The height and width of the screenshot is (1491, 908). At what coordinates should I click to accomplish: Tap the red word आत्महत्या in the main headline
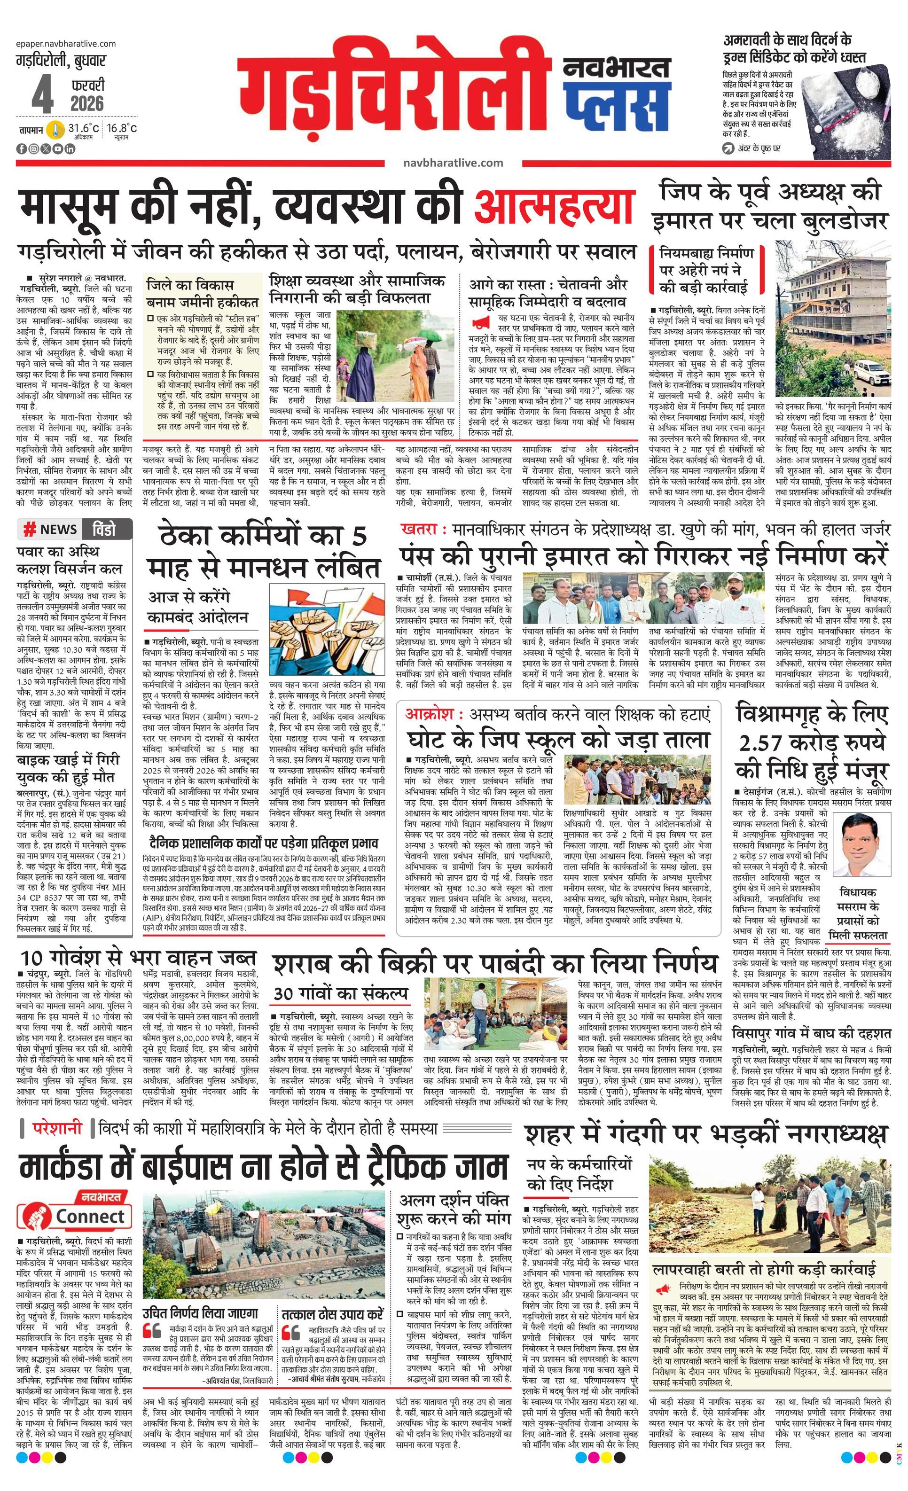pos(554,207)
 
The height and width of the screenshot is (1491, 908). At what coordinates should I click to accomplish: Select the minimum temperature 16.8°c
pos(122,128)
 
